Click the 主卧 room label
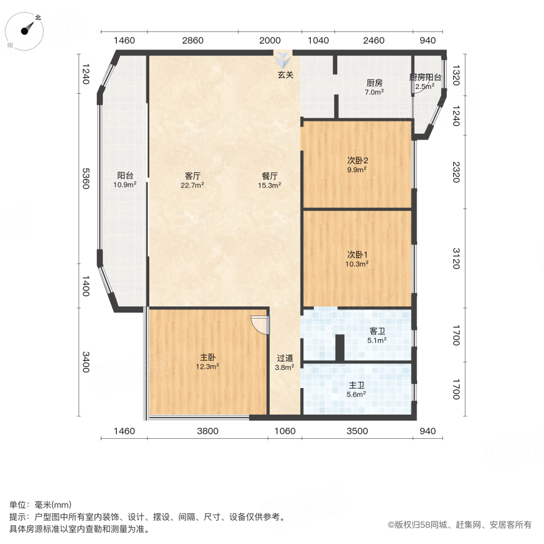[207, 357]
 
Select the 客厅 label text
[192, 176]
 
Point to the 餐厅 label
[270, 176]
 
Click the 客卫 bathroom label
[378, 331]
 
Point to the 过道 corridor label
[285, 357]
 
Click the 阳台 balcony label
[125, 176]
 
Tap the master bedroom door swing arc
[259, 325]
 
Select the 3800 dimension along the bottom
[207, 431]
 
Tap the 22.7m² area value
[192, 185]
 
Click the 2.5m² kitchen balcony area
[425, 86]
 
